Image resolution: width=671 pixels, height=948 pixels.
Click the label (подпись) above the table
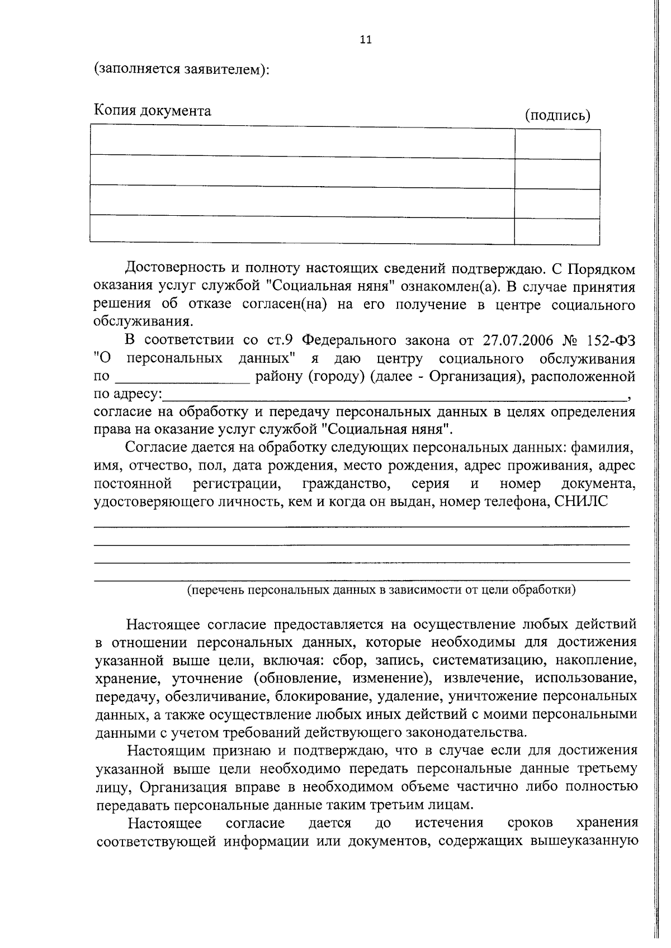pyautogui.click(x=557, y=116)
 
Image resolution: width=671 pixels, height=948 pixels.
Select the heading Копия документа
pyautogui.click(x=152, y=111)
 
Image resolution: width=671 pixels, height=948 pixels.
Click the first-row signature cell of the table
pyautogui.click(x=557, y=144)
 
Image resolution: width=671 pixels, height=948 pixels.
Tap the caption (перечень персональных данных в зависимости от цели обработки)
pyautogui.click(x=381, y=590)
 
